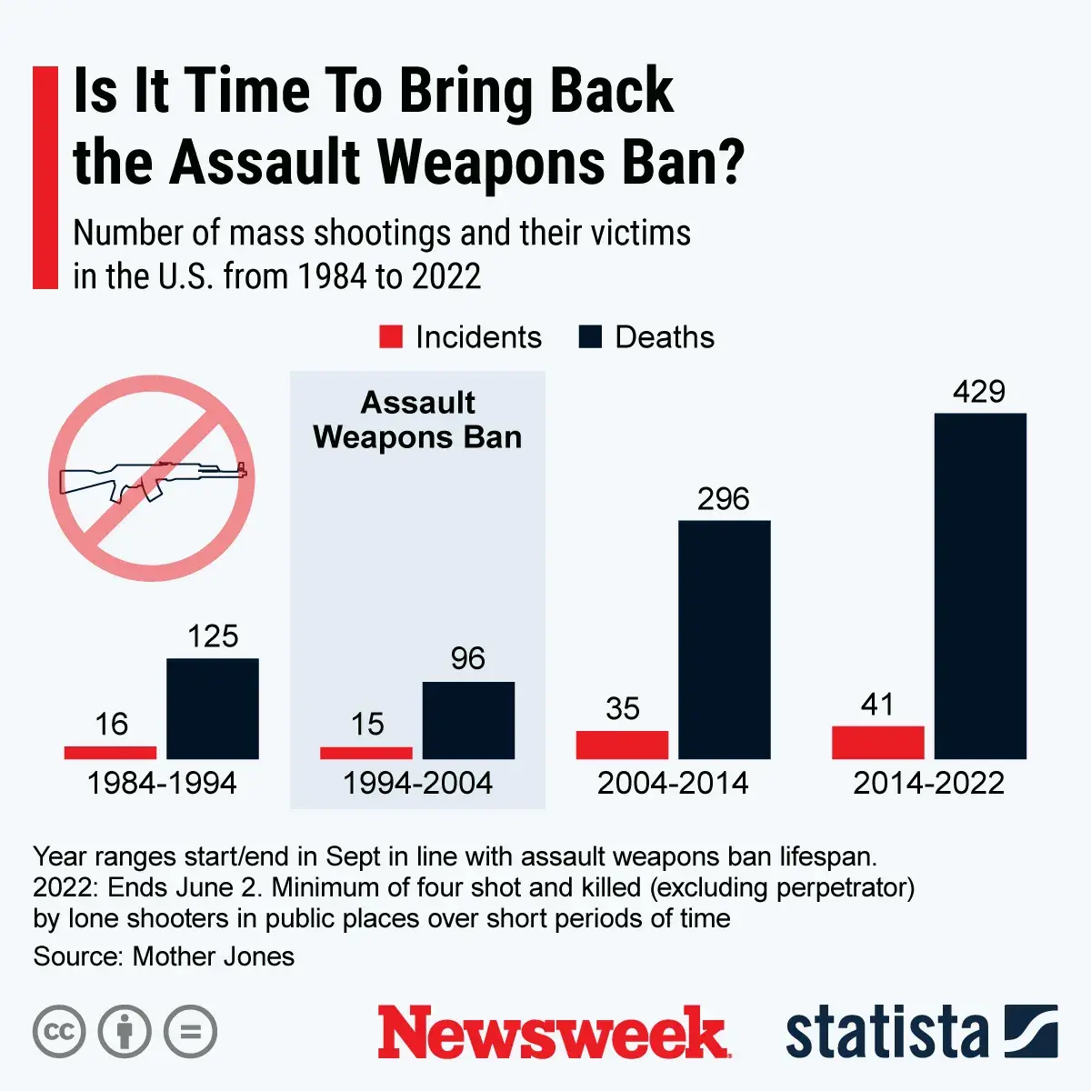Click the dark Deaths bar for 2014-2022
click(x=980, y=586)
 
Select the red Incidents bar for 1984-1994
click(x=110, y=753)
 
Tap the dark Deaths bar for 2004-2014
click(x=725, y=640)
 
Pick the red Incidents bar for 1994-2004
click(x=366, y=753)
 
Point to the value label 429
click(x=979, y=392)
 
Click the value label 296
click(x=724, y=499)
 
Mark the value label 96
click(x=468, y=658)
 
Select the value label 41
click(x=877, y=705)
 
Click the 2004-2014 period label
click(x=673, y=783)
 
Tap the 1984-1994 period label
click(x=162, y=783)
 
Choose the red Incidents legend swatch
click(x=391, y=337)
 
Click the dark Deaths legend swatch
click(x=590, y=337)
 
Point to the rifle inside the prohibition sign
click(x=151, y=479)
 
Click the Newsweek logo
click(x=553, y=1033)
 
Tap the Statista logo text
click(x=886, y=1033)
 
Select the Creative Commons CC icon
click(x=59, y=1032)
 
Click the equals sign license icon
click(x=190, y=1032)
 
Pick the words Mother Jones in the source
click(x=214, y=956)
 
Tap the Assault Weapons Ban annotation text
click(x=417, y=420)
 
